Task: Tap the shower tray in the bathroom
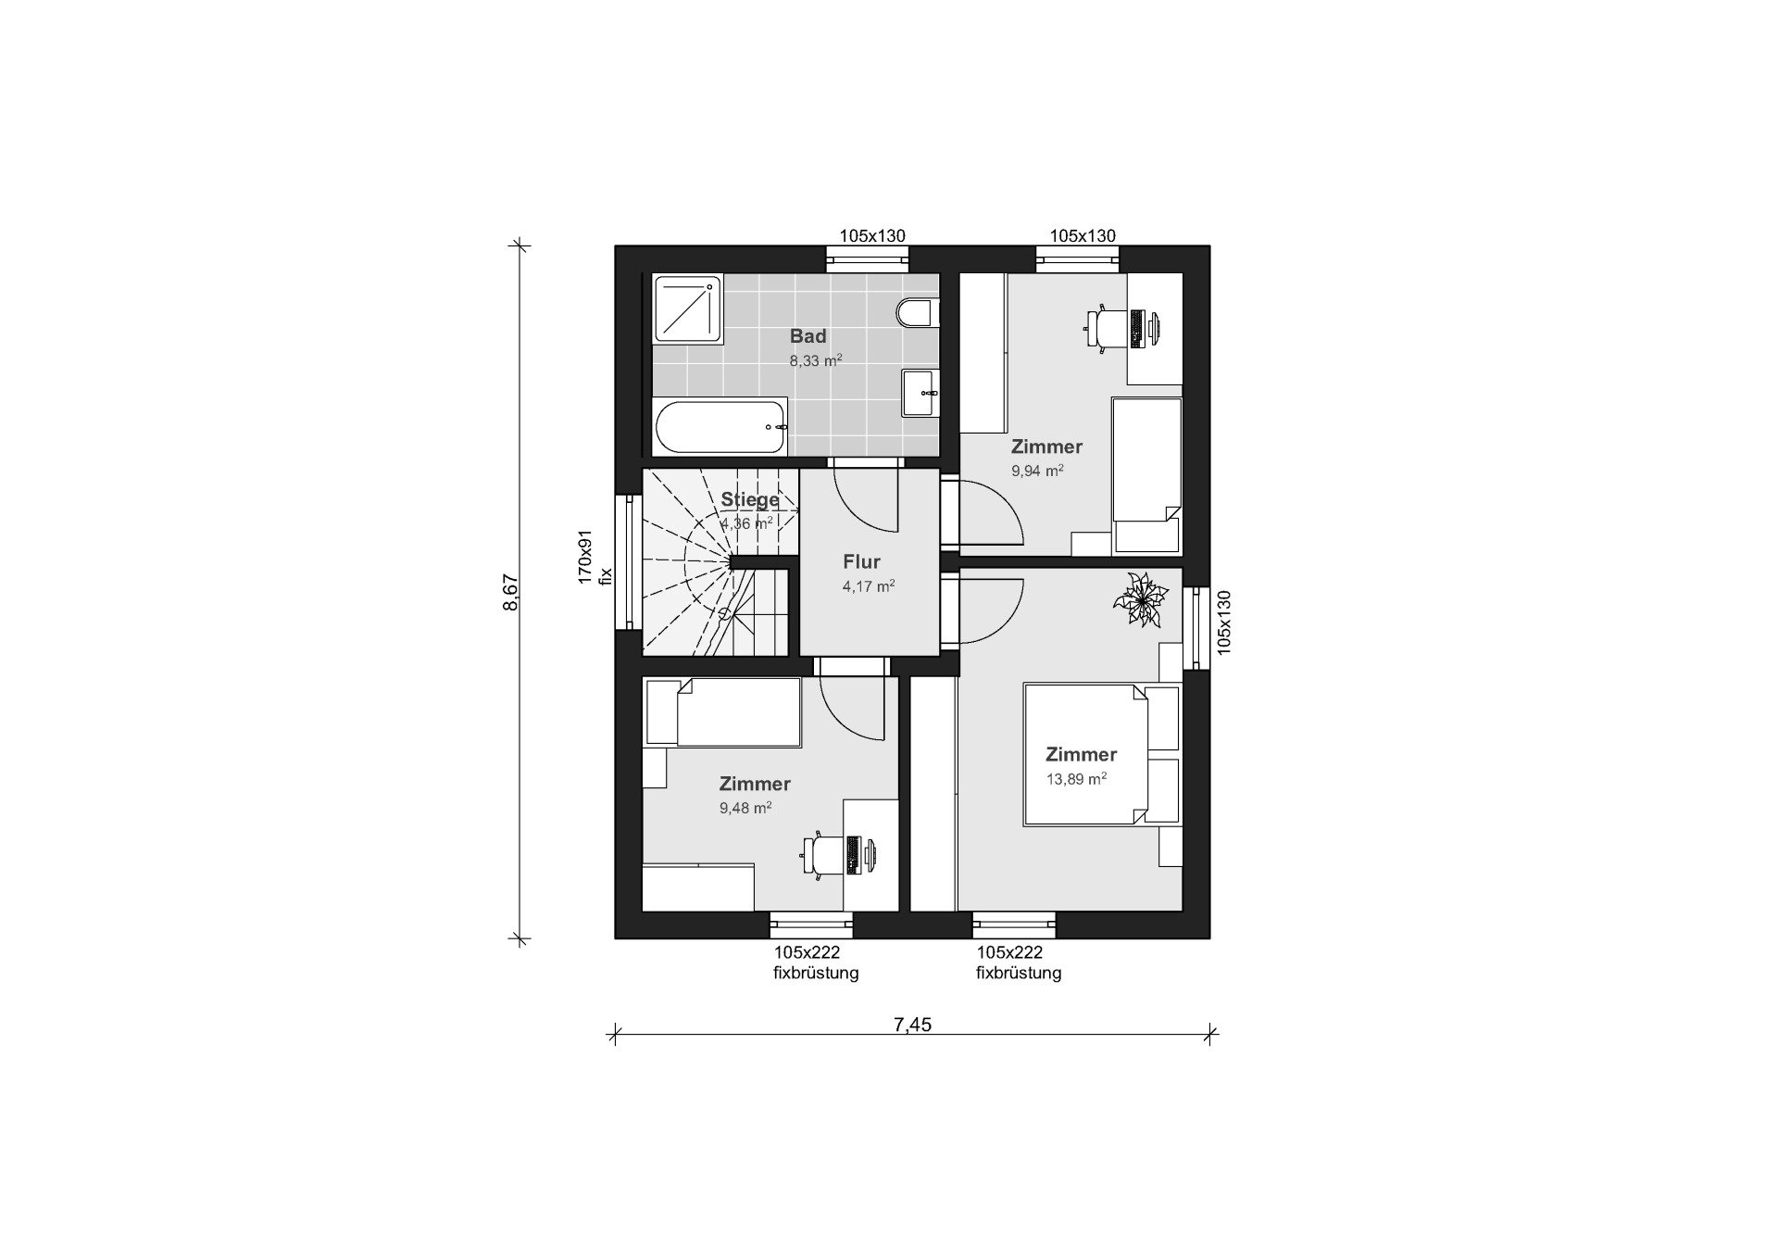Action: coord(688,308)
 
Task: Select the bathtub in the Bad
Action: coord(720,426)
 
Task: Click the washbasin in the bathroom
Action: coord(920,394)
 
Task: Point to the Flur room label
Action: coord(861,561)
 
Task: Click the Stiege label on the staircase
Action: coord(750,500)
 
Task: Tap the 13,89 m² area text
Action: coord(1077,779)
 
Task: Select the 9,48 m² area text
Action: coord(745,808)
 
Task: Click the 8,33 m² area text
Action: coord(816,360)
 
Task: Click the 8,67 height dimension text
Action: coord(510,592)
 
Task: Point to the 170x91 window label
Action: coord(584,557)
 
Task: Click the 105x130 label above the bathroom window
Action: coord(872,235)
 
